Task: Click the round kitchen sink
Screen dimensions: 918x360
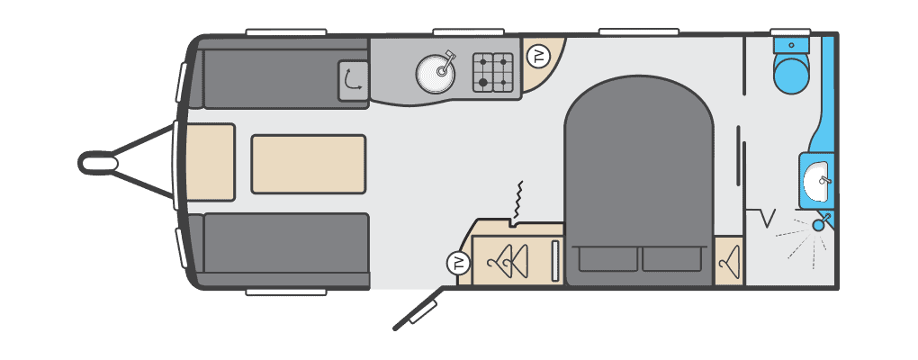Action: (436, 73)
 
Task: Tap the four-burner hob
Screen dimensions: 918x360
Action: (493, 73)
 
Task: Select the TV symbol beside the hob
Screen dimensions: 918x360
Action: (538, 57)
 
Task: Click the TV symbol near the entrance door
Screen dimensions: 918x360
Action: (458, 263)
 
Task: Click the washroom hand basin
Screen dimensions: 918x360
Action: (818, 181)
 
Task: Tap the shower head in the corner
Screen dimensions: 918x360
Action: (821, 223)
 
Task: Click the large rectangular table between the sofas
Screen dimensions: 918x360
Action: (309, 164)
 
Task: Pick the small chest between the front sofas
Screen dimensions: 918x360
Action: (211, 162)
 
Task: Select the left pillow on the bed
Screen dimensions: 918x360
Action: (607, 258)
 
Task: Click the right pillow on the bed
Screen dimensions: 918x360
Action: (671, 258)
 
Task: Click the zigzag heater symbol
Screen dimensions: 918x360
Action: (517, 201)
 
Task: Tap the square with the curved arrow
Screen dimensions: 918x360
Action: (353, 80)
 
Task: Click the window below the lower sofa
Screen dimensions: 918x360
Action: (285, 292)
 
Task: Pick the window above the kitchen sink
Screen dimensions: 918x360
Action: (468, 31)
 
